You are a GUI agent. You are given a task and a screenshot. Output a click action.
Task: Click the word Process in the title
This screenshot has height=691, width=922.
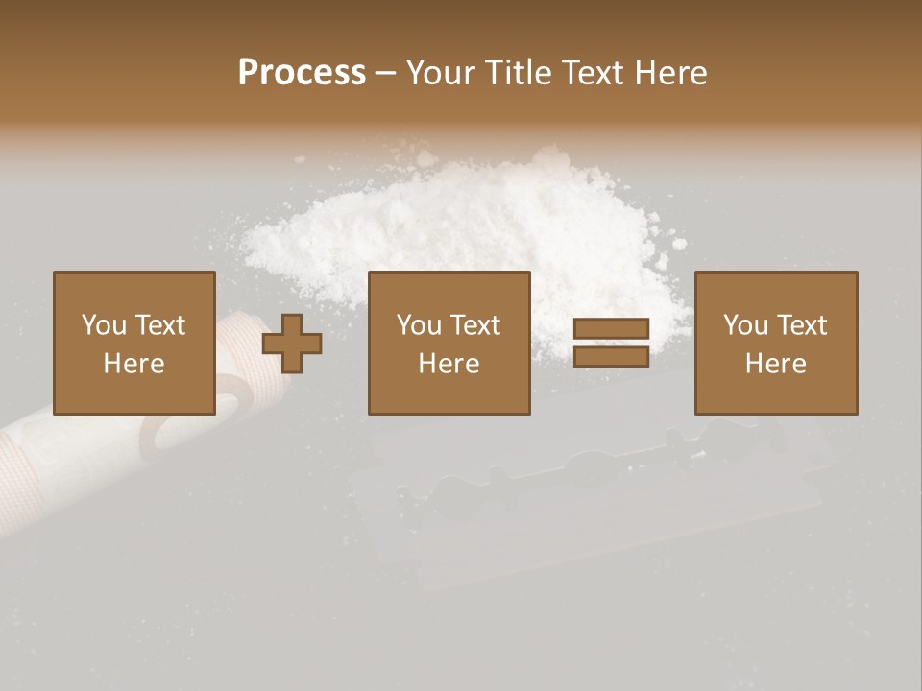[x=302, y=73]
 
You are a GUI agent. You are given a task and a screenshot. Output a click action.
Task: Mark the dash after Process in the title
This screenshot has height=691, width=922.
[x=385, y=74]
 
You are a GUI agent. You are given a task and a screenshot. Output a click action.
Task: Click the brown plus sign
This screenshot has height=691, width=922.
[x=292, y=344]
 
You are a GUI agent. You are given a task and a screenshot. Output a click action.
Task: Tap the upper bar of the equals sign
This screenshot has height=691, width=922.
[x=611, y=329]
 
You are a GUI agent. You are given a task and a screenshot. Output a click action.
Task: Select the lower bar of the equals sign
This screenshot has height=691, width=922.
[x=611, y=357]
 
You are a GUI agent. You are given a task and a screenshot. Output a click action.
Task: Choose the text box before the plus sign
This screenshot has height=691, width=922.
[x=133, y=343]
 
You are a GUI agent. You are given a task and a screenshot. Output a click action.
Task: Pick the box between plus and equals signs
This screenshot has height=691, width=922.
[x=449, y=343]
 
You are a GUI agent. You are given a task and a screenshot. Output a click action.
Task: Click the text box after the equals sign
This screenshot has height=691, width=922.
[x=775, y=343]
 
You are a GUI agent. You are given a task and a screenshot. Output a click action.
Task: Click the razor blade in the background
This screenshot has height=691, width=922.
[x=576, y=499]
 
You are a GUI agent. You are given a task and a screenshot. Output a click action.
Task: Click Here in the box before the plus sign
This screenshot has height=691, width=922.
[x=133, y=363]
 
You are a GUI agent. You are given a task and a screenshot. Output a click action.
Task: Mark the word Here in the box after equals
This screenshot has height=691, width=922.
[x=775, y=363]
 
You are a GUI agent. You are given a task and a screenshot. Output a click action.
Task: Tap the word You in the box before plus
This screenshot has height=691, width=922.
[x=104, y=325]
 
